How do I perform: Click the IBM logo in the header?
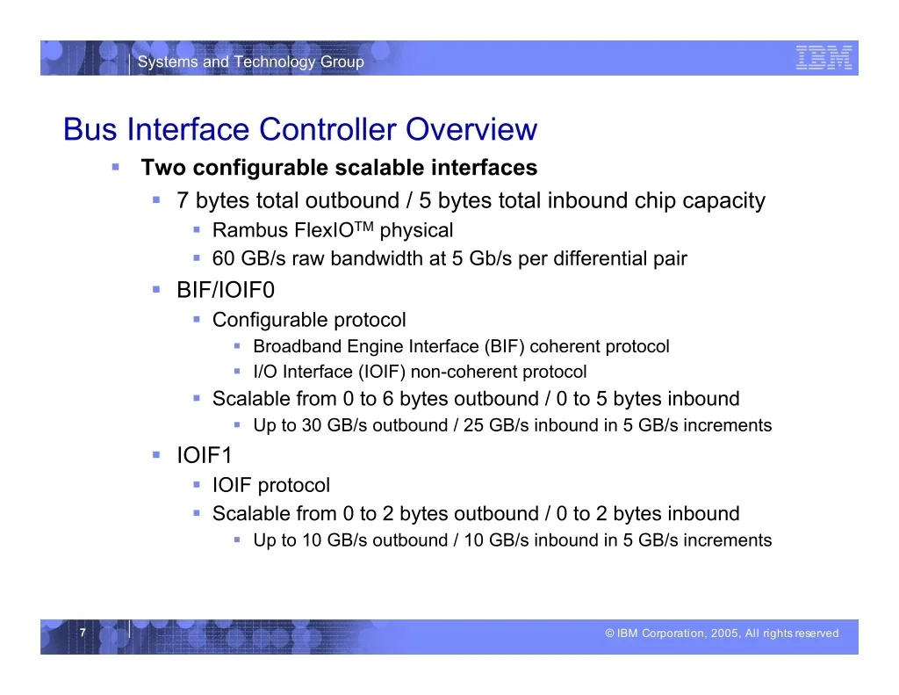coord(823,58)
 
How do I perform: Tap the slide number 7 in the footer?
coord(83,633)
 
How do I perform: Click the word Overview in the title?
coord(471,129)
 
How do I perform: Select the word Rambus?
coord(250,230)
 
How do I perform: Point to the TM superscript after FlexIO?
coord(363,225)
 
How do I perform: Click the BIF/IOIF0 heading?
coord(226,290)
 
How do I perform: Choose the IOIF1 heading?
coord(205,455)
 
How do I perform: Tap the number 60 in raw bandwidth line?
coord(224,258)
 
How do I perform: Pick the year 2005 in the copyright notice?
coord(725,633)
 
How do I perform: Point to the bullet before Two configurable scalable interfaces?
coord(116,167)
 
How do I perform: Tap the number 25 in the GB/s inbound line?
coord(473,425)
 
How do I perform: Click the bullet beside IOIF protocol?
coord(197,485)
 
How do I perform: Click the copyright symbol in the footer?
coord(609,633)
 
